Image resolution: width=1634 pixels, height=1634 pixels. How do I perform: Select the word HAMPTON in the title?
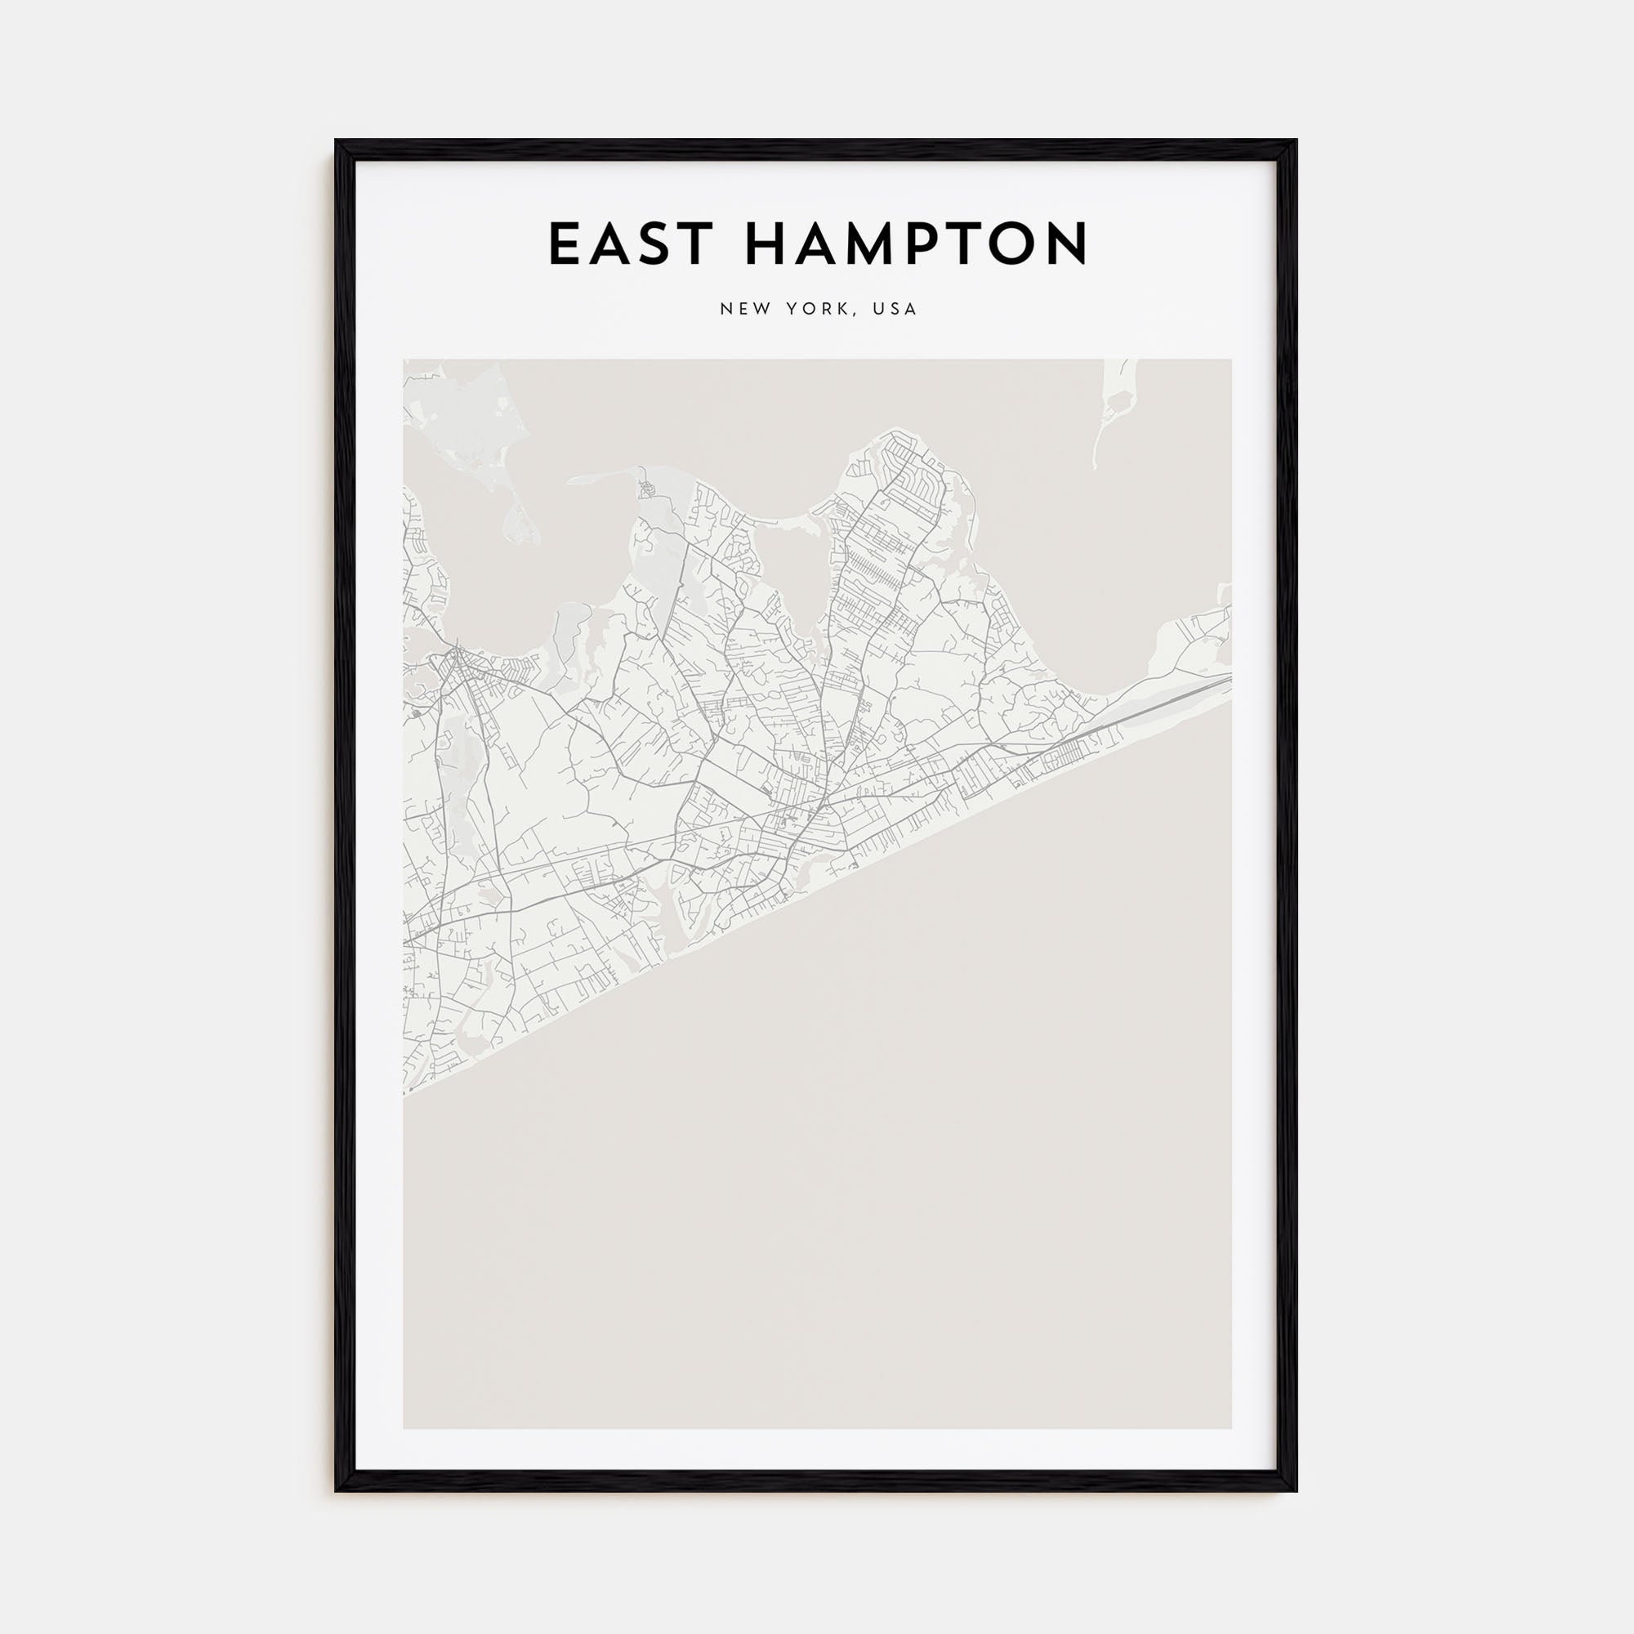pyautogui.click(x=916, y=244)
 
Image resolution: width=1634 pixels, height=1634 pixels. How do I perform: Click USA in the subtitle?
pyautogui.click(x=895, y=310)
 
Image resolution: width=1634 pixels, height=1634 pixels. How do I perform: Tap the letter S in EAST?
pyautogui.click(x=654, y=244)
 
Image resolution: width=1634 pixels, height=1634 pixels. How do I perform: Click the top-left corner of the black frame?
pyautogui.click(x=337, y=141)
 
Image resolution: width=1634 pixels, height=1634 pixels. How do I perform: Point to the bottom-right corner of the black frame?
pyautogui.click(x=1296, y=1489)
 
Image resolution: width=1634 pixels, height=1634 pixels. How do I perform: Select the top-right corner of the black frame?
pyautogui.click(x=1296, y=141)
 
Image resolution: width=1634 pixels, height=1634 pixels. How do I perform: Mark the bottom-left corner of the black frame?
pyautogui.click(x=337, y=1489)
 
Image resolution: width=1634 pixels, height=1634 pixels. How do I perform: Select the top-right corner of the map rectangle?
pyautogui.click(x=1230, y=359)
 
